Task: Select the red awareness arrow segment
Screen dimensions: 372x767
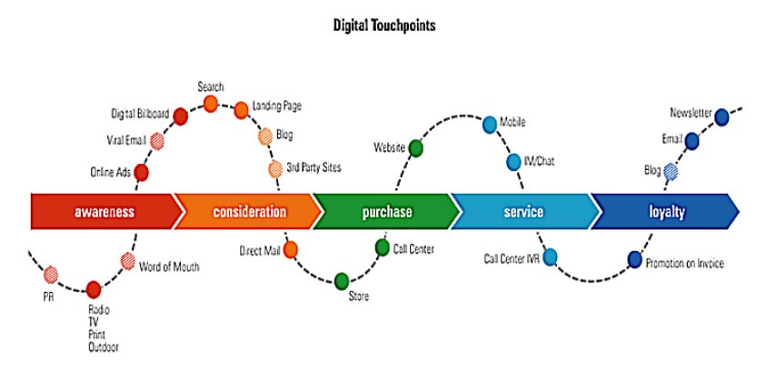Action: [x=105, y=213]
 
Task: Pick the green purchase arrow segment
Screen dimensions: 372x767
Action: [x=387, y=213]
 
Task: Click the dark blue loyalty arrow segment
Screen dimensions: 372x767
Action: [x=665, y=213]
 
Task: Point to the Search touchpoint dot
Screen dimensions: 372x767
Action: [x=211, y=105]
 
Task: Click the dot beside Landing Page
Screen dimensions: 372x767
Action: [x=241, y=110]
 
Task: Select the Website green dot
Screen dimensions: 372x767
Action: [x=416, y=147]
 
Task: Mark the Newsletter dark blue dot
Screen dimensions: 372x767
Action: [x=722, y=116]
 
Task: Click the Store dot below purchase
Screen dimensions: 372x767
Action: [x=342, y=280]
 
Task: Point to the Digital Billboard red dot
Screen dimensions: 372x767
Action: [x=180, y=116]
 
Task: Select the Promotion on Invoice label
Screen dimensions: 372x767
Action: [x=685, y=263]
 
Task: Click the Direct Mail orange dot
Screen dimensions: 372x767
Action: [x=291, y=248]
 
